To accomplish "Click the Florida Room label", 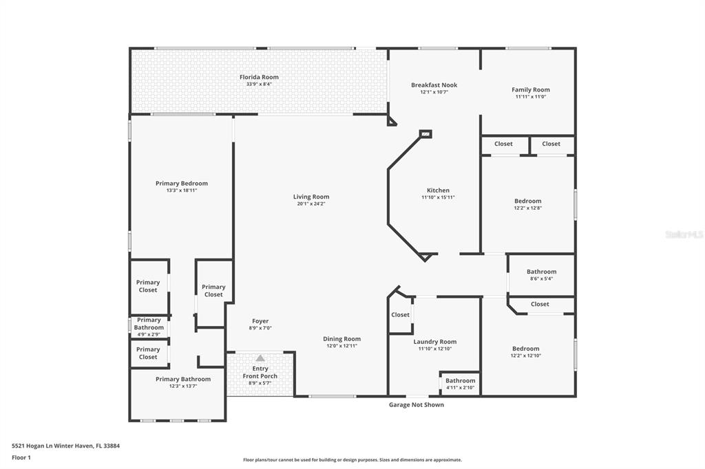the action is point(259,77).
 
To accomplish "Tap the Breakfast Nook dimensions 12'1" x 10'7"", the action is point(434,92).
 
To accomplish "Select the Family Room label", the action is point(531,90).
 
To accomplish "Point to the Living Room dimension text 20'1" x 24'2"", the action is point(311,204).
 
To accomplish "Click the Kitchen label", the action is point(439,190).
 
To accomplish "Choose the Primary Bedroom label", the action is point(182,184).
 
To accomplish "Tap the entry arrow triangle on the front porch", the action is point(260,358).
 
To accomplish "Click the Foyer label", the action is point(260,321).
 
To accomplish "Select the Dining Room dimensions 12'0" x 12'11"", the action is point(341,346).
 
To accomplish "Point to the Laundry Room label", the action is point(435,342).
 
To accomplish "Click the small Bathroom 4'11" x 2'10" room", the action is point(461,384).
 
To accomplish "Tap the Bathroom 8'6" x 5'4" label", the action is point(541,272).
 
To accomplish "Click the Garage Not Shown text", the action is point(417,405).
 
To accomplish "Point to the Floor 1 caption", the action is point(21,458).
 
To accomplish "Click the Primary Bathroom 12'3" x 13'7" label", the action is point(183,379).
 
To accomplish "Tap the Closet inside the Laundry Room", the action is point(400,315).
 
